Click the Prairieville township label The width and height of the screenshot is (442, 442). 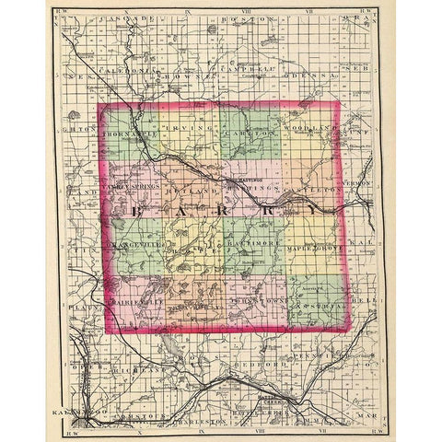coord(134,301)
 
